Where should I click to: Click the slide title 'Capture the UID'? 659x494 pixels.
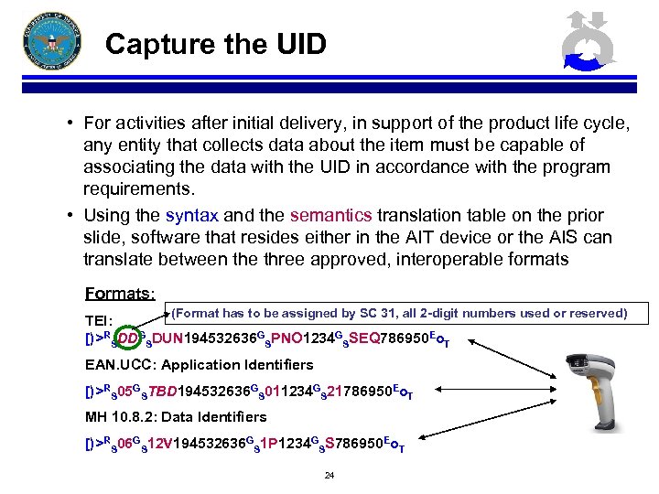[215, 44]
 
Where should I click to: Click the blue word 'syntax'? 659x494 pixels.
[191, 216]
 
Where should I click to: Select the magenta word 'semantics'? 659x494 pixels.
[330, 216]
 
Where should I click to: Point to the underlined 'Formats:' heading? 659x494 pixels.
[120, 294]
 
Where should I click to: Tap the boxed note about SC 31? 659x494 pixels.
[399, 314]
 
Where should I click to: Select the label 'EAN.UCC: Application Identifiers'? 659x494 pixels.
[199, 365]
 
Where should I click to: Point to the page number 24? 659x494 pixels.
[329, 476]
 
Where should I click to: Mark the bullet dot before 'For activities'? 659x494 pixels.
[70, 123]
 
